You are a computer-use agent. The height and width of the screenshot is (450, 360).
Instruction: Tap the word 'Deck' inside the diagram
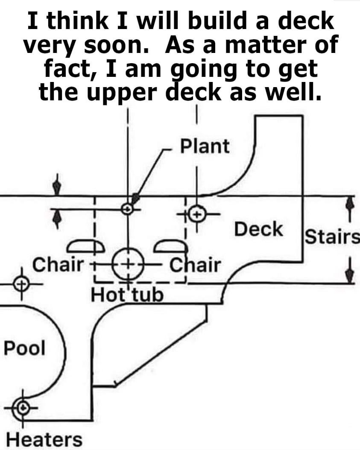click(258, 229)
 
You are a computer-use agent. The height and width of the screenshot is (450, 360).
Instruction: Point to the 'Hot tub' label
click(127, 295)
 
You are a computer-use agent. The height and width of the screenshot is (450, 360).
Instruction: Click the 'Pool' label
click(24, 348)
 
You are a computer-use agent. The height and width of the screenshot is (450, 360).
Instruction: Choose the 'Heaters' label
click(44, 439)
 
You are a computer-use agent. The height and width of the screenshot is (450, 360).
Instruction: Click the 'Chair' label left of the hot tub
click(58, 265)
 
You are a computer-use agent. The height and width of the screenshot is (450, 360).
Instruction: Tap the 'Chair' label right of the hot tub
click(196, 265)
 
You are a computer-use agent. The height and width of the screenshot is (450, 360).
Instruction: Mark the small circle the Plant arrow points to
click(127, 209)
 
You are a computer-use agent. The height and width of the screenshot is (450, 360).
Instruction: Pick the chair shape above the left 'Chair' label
click(86, 245)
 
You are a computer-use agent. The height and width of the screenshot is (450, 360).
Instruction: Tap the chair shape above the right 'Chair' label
click(171, 245)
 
